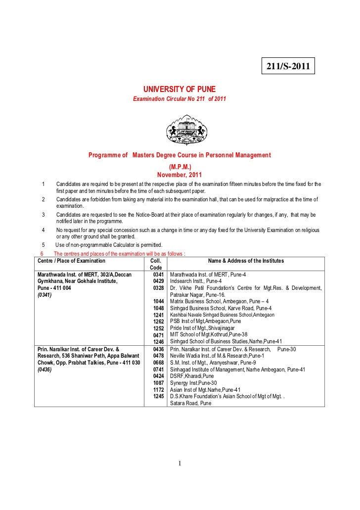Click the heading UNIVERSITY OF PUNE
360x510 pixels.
pyautogui.click(x=180, y=90)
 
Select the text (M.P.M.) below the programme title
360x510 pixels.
pyautogui.click(x=180, y=167)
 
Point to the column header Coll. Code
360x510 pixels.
pyautogui.click(x=155, y=265)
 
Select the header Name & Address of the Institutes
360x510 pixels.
pyautogui.click(x=246, y=261)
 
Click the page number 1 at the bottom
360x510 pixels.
pyautogui.click(x=180, y=464)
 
